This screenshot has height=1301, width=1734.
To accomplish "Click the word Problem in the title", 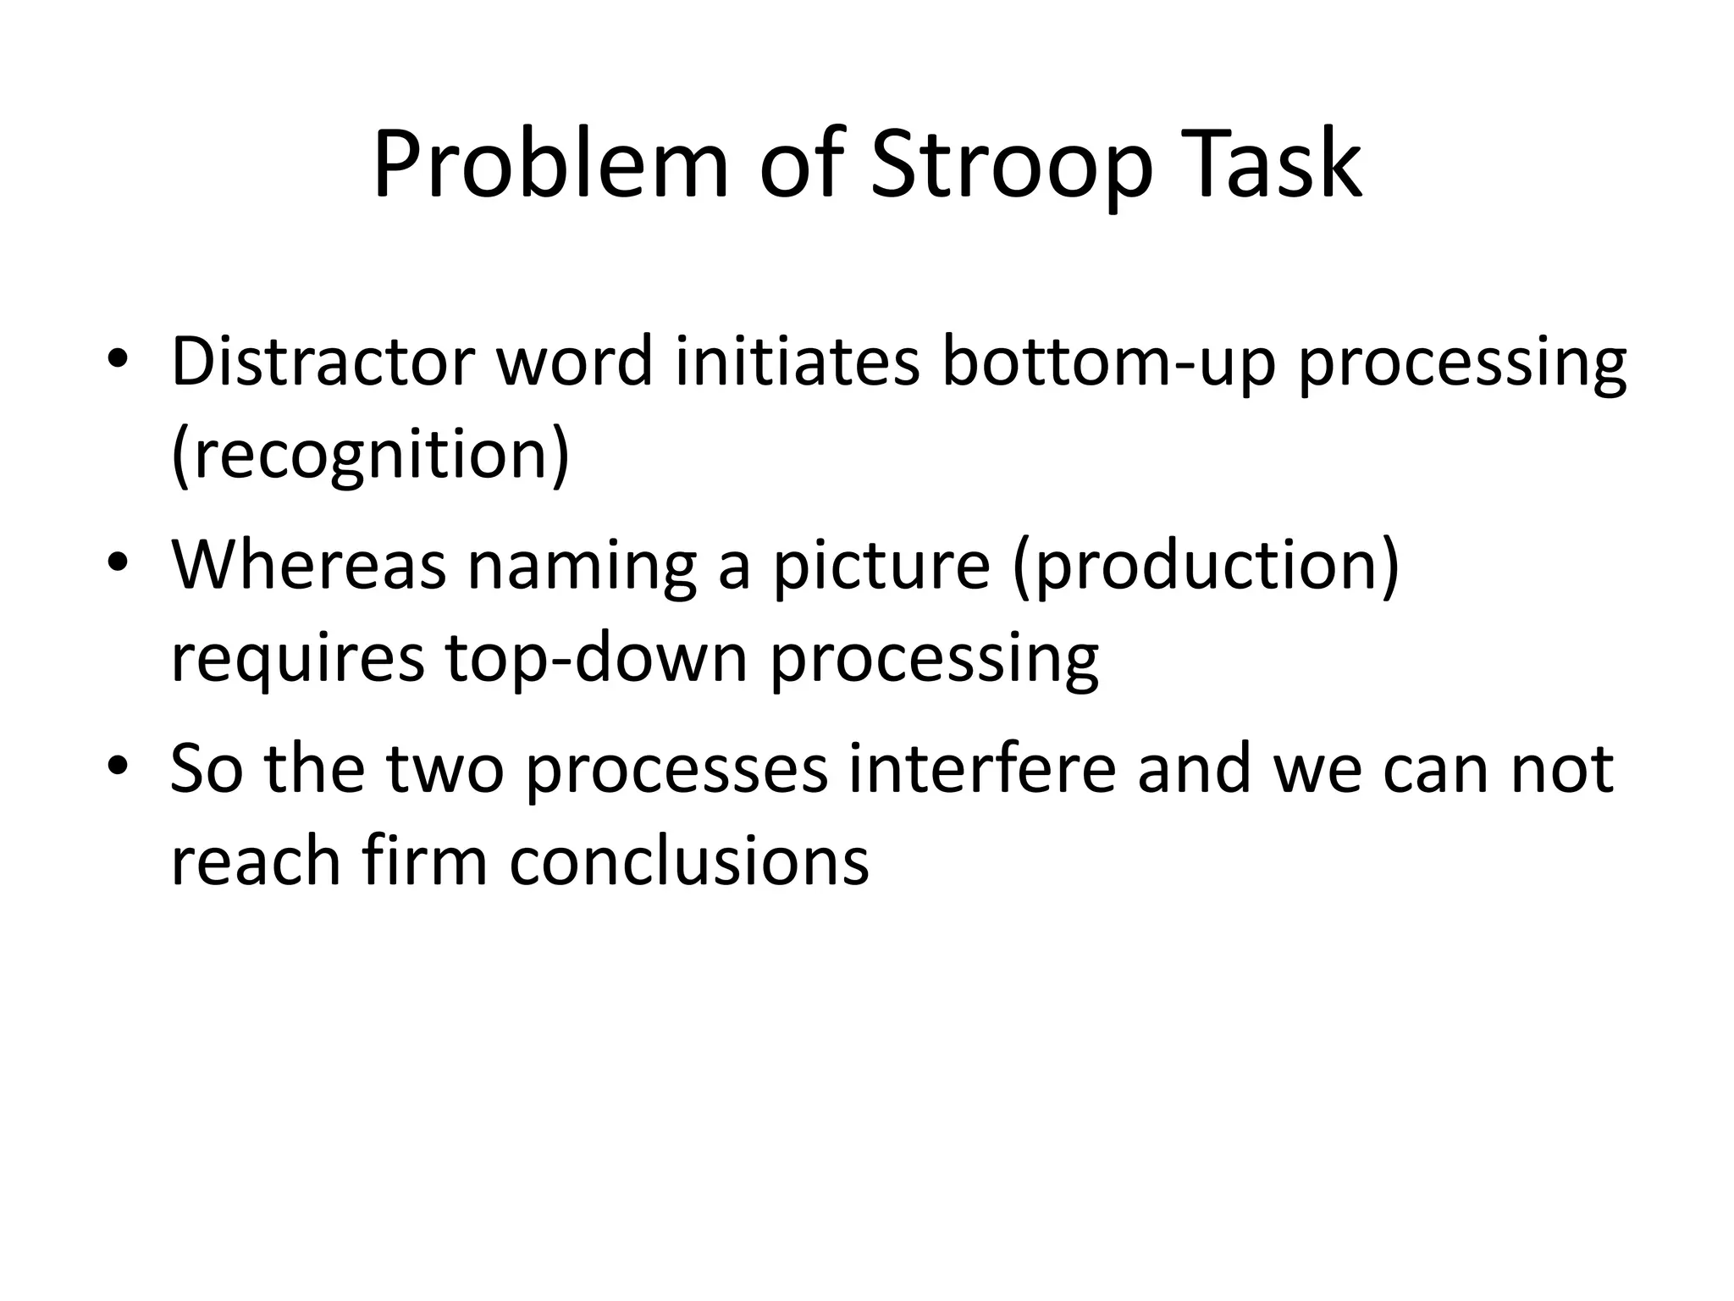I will click(550, 165).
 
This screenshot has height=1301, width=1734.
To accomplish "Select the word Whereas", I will click(308, 566).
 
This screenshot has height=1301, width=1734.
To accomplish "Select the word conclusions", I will click(689, 862).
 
